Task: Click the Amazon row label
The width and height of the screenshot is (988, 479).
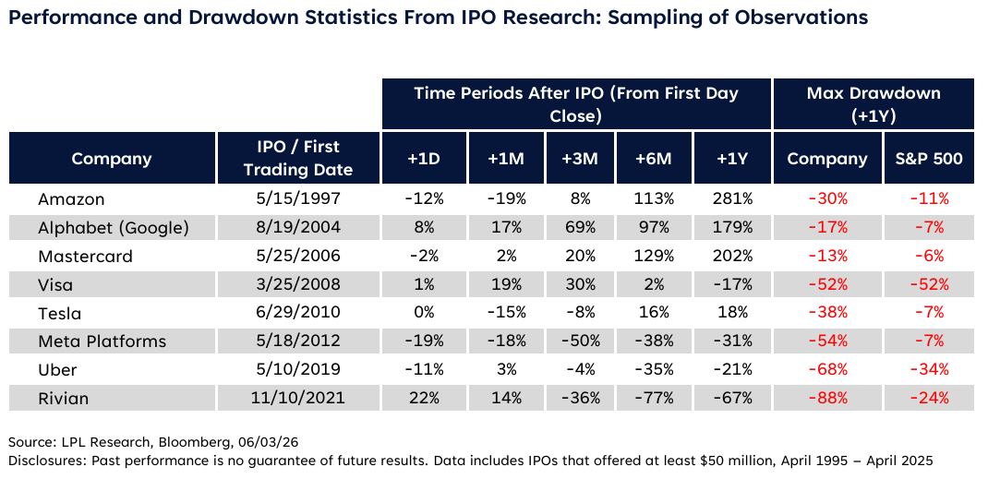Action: tap(71, 199)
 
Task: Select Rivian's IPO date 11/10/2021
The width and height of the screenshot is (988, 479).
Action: tap(297, 398)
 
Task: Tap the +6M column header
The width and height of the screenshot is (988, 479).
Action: tap(654, 158)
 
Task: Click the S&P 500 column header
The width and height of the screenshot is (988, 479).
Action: tap(930, 158)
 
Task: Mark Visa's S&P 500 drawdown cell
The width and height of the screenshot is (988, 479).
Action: tap(930, 284)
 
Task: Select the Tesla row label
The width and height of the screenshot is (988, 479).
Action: tap(60, 313)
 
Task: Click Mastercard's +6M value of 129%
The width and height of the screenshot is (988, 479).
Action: tap(654, 257)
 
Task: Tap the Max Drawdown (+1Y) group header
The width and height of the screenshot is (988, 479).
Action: tap(874, 104)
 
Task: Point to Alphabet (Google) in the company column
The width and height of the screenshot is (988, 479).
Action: tap(114, 228)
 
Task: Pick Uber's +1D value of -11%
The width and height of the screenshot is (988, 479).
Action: tap(424, 369)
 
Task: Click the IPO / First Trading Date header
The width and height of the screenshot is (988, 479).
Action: tap(298, 158)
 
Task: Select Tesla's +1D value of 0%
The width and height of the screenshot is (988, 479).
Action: tap(424, 313)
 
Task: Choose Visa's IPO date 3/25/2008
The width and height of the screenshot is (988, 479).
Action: tap(297, 284)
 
